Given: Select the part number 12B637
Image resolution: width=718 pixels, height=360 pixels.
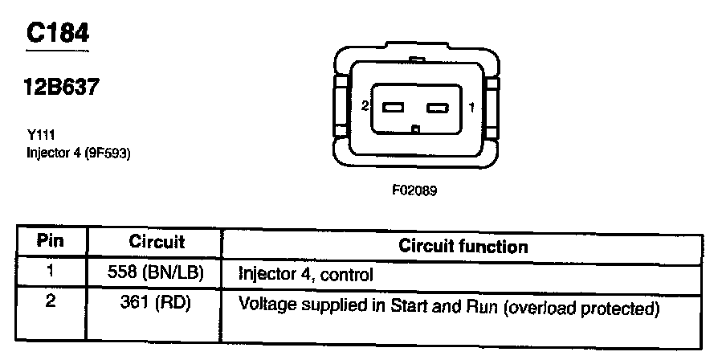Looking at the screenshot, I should [x=62, y=87].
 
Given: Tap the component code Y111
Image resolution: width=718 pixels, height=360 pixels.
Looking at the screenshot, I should [x=41, y=137].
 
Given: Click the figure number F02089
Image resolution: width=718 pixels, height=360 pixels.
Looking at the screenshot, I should [x=414, y=191].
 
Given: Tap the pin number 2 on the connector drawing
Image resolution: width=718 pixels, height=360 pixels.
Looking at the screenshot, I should [x=365, y=106].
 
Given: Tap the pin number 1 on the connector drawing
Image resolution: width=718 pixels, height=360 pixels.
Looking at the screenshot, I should [x=471, y=106].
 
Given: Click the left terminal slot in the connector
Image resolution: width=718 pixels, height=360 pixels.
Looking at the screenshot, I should [x=393, y=107].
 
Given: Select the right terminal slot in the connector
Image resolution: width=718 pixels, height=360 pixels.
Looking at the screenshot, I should [x=437, y=107].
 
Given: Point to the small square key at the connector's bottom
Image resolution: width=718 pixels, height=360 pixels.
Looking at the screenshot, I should [x=414, y=129].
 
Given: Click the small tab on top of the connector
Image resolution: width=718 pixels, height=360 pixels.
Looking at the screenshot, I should [x=415, y=59].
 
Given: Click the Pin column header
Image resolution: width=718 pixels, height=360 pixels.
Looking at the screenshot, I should [x=51, y=242].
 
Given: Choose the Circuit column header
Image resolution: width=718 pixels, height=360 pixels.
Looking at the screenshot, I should [x=156, y=242].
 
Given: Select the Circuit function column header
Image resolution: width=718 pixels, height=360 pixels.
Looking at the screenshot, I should [x=463, y=246].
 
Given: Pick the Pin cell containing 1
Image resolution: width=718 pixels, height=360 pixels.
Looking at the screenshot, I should [x=51, y=272].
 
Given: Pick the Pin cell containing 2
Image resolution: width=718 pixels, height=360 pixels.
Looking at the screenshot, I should [x=51, y=306].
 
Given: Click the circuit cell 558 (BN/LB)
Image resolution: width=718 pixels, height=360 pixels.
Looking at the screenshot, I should [x=155, y=273].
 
